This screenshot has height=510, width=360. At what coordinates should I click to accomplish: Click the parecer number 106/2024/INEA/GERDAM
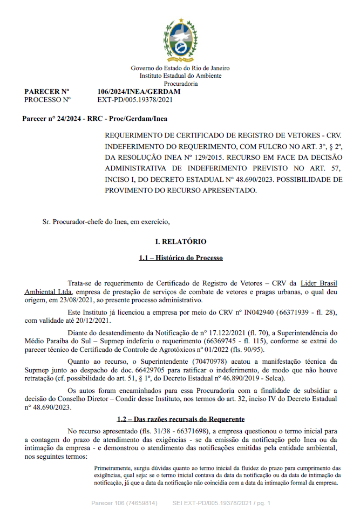[139, 91]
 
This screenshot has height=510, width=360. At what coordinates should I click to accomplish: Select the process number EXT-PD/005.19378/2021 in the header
[135, 99]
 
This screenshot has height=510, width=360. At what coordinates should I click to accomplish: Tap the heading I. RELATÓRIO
[181, 241]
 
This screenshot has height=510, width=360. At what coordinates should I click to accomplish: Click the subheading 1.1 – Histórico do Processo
[181, 258]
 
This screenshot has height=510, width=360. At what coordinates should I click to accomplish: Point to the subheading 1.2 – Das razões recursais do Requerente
[181, 419]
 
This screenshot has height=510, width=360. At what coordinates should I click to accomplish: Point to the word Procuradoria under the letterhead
[181, 84]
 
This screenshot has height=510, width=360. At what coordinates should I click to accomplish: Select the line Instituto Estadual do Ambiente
[181, 76]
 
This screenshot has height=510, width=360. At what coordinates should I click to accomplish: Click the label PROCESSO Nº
[48, 99]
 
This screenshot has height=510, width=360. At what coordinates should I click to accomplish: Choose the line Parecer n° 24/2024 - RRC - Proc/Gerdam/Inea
[94, 118]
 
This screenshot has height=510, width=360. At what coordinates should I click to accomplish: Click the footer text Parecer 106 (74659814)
[124, 503]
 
